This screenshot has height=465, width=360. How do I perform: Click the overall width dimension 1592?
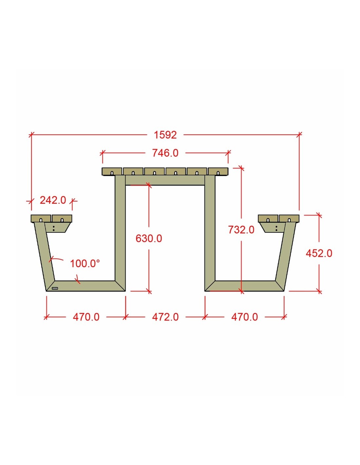165,135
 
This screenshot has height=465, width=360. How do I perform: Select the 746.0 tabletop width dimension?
165,153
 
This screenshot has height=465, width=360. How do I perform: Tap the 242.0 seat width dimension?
53,200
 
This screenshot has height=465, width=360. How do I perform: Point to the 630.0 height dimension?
149,238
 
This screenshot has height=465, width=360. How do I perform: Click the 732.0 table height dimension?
241,230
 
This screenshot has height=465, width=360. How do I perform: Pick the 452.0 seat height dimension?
319,253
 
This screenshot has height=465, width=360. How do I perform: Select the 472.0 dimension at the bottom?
165,317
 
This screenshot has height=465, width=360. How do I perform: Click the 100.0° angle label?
85,264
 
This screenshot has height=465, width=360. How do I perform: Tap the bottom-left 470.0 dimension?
86,317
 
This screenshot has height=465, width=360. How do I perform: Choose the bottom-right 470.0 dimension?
244,317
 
